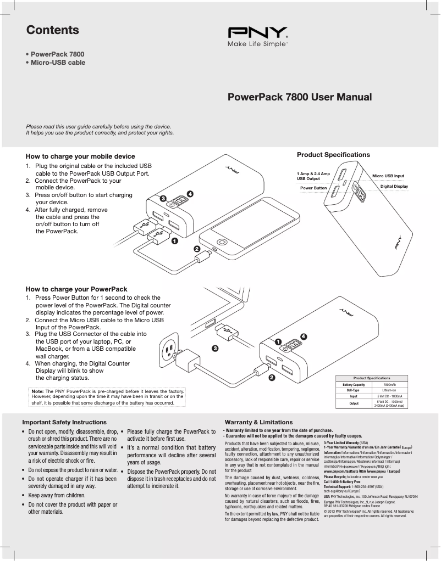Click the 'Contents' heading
coord(53,30)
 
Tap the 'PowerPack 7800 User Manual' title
coord(300,97)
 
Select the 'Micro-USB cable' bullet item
coord(58,63)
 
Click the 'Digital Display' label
coord(394,186)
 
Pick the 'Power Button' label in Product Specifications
coord(313,188)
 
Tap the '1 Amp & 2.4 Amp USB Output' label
coord(313,176)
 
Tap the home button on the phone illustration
coord(222,242)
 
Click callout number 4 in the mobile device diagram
coord(190,194)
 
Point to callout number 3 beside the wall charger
coord(214,348)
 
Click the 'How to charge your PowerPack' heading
coord(76,289)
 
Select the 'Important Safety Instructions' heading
coord(64,422)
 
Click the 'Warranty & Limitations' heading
coord(254,422)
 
